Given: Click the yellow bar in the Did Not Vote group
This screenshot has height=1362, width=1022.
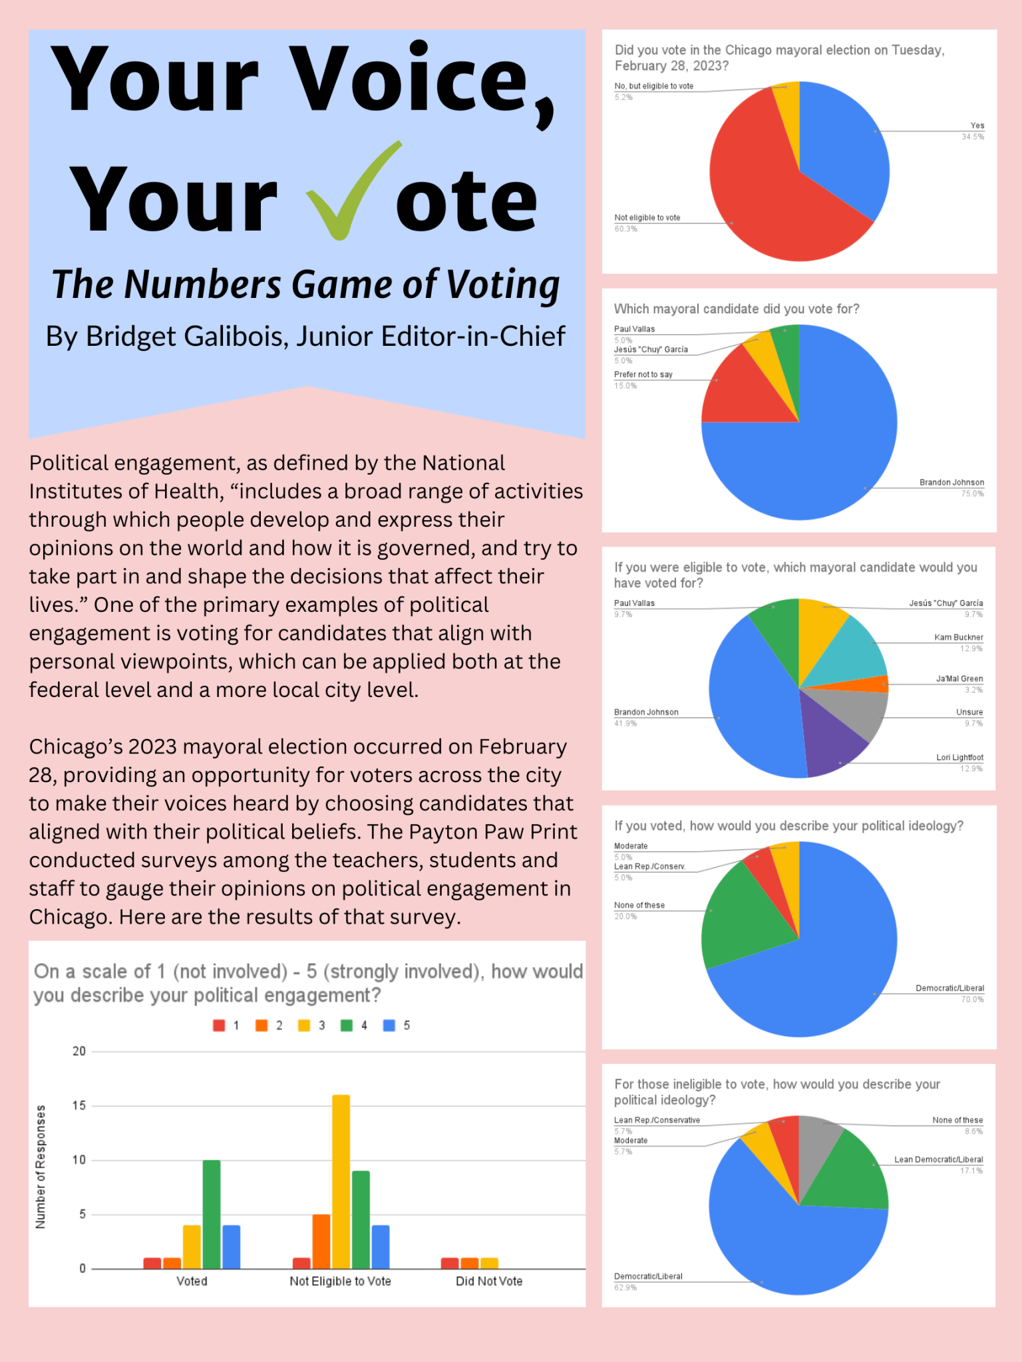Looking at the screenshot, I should point(489,1263).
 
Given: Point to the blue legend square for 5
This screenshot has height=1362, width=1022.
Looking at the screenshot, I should point(389,1025).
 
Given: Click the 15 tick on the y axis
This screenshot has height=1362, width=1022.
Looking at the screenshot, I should point(79,1105).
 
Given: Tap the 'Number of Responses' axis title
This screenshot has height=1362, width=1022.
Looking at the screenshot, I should point(41,1166).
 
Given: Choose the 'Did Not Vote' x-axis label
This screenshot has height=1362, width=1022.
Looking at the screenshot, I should point(489,1281).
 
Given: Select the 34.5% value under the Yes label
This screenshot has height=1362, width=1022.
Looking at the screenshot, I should point(972,137).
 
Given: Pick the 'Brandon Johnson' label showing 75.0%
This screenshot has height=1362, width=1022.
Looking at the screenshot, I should point(951,482).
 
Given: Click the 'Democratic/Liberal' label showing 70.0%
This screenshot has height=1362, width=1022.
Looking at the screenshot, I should point(949,988).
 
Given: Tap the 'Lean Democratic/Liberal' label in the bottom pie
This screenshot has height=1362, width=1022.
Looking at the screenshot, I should point(938,1159).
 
